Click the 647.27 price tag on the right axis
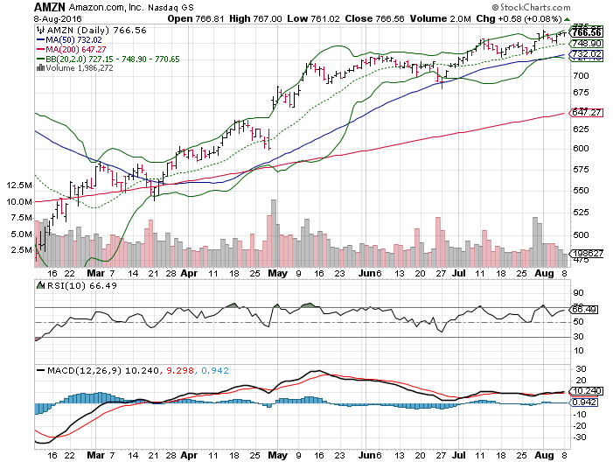tap(583, 113)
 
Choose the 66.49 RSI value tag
tap(583, 309)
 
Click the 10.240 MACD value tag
tap(583, 391)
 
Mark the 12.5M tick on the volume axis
tap(17, 185)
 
